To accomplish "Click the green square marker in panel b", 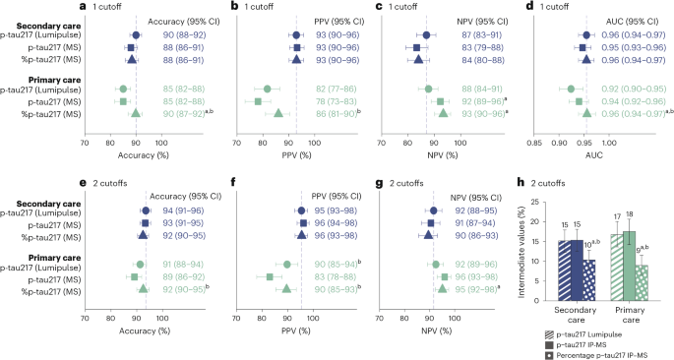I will [x=258, y=101].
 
